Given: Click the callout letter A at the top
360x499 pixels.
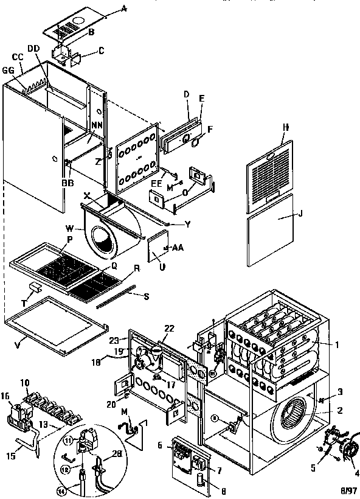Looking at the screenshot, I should (x=125, y=8).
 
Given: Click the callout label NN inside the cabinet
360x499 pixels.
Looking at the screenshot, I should (x=95, y=125).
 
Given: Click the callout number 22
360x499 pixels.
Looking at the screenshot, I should (x=170, y=329).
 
